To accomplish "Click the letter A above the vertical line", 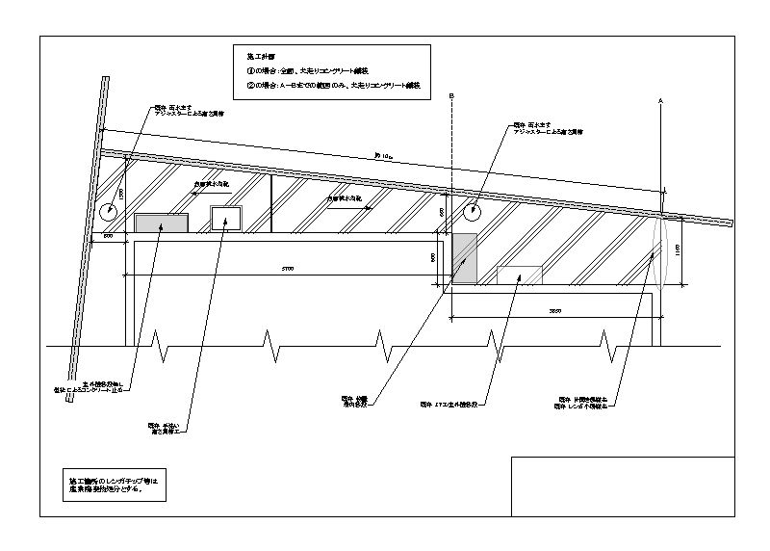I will click(x=661, y=99).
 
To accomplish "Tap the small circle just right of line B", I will click(x=474, y=211).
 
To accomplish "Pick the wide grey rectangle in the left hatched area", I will click(x=161, y=223).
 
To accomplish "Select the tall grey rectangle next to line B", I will click(x=464, y=258).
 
